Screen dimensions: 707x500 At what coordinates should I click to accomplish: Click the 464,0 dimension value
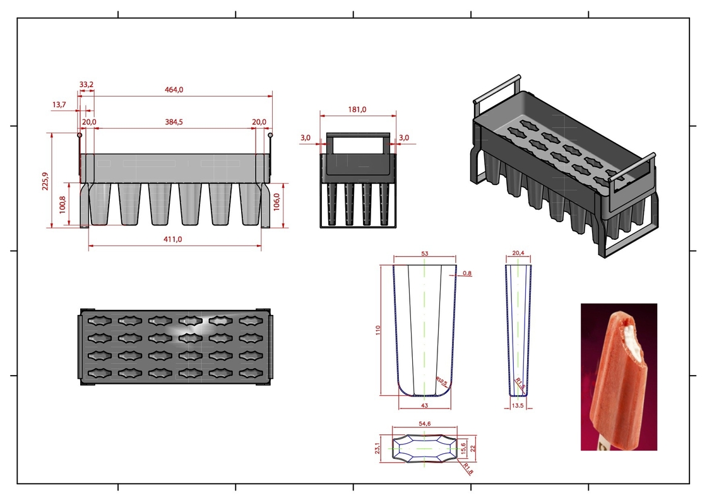(174, 90)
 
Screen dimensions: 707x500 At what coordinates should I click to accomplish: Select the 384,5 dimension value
(174, 122)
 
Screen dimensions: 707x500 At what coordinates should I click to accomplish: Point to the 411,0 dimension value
(173, 239)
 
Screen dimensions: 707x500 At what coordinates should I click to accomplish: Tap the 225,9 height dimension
(45, 181)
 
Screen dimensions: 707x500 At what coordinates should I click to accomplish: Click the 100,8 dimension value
(62, 205)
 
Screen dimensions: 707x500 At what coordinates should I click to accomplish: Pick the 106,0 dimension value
(276, 201)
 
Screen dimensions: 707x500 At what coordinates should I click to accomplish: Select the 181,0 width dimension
(357, 110)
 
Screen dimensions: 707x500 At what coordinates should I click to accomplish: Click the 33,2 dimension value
(86, 85)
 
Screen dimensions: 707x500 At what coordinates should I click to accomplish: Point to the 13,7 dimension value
(59, 105)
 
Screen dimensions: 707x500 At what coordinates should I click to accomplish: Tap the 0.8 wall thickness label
(467, 273)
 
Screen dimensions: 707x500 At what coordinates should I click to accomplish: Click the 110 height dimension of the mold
(378, 330)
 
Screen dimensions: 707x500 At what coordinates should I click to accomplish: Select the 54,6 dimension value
(425, 424)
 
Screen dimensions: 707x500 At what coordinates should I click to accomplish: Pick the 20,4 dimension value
(518, 253)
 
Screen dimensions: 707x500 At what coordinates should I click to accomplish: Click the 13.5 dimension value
(518, 406)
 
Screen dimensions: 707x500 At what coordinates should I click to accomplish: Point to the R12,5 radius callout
(441, 382)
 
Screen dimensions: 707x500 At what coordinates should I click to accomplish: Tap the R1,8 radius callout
(468, 469)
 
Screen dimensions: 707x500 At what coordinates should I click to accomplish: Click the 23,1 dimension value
(377, 448)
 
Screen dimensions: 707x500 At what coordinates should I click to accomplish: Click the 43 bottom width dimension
(424, 406)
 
